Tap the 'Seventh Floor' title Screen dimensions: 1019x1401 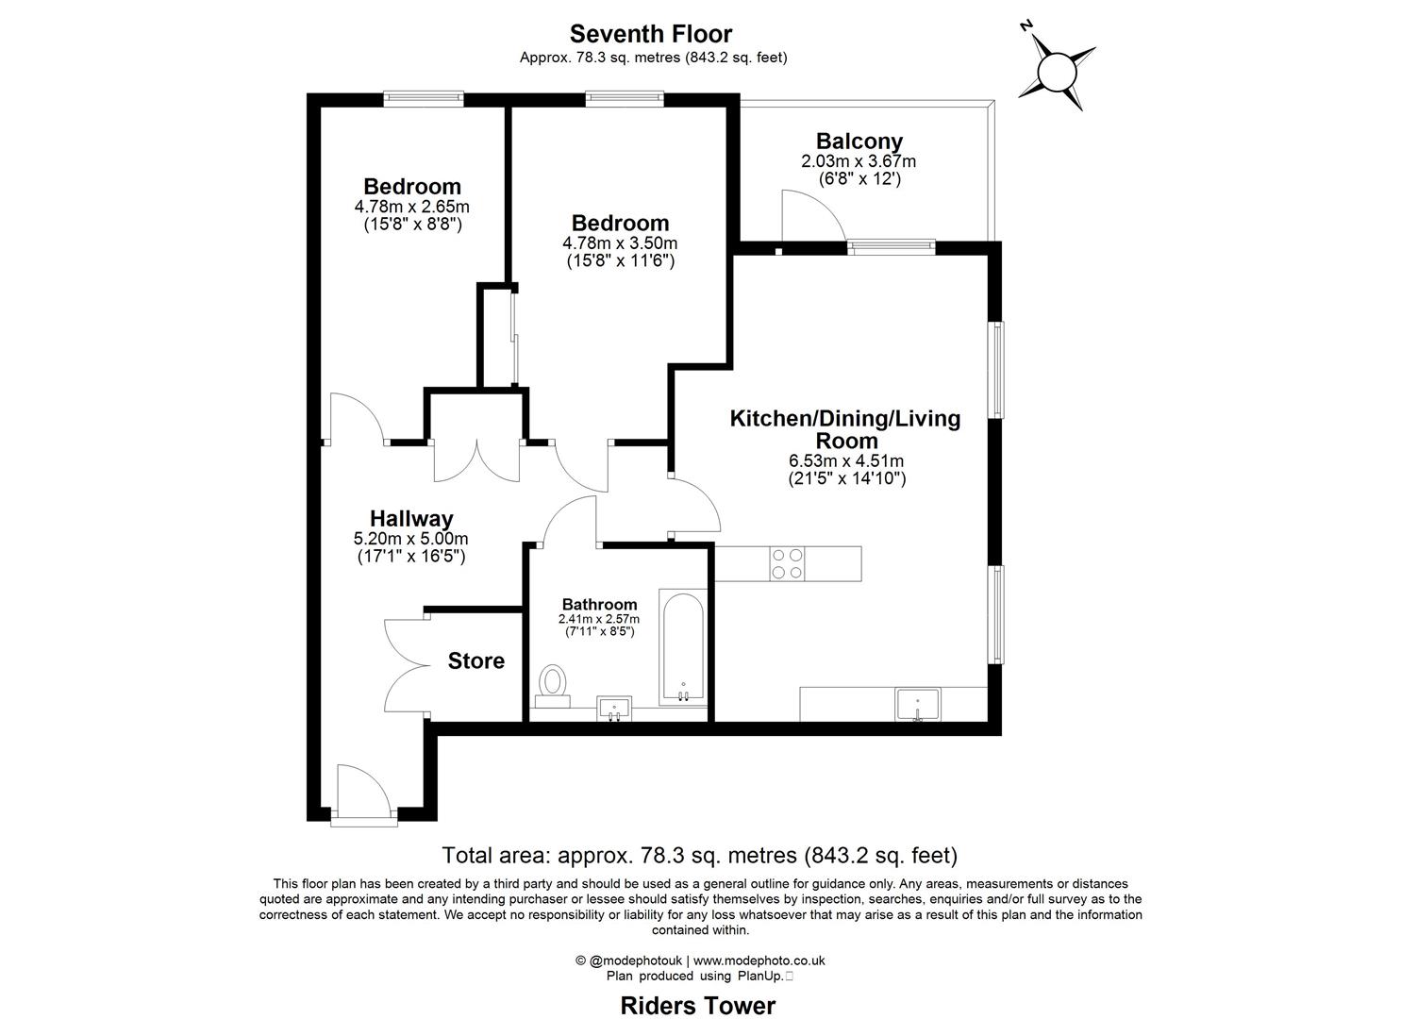(x=651, y=35)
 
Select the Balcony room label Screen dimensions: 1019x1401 (x=859, y=142)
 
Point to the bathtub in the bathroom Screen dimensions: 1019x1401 (x=682, y=647)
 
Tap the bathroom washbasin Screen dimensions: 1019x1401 (x=617, y=708)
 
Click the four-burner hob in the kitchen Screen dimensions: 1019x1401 (x=787, y=563)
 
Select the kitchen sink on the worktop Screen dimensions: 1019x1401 (x=917, y=704)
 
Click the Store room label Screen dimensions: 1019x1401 (x=475, y=660)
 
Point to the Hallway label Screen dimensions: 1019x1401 (x=410, y=518)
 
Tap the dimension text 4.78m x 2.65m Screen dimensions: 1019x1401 (x=411, y=207)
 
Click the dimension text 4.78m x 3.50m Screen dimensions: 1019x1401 (x=620, y=242)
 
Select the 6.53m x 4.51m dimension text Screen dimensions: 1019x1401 (x=846, y=460)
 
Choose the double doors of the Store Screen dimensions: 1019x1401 (x=406, y=665)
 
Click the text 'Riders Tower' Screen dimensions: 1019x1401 (x=697, y=1006)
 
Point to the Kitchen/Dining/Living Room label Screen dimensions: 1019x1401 (x=845, y=429)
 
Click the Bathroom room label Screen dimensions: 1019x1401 (x=599, y=605)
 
